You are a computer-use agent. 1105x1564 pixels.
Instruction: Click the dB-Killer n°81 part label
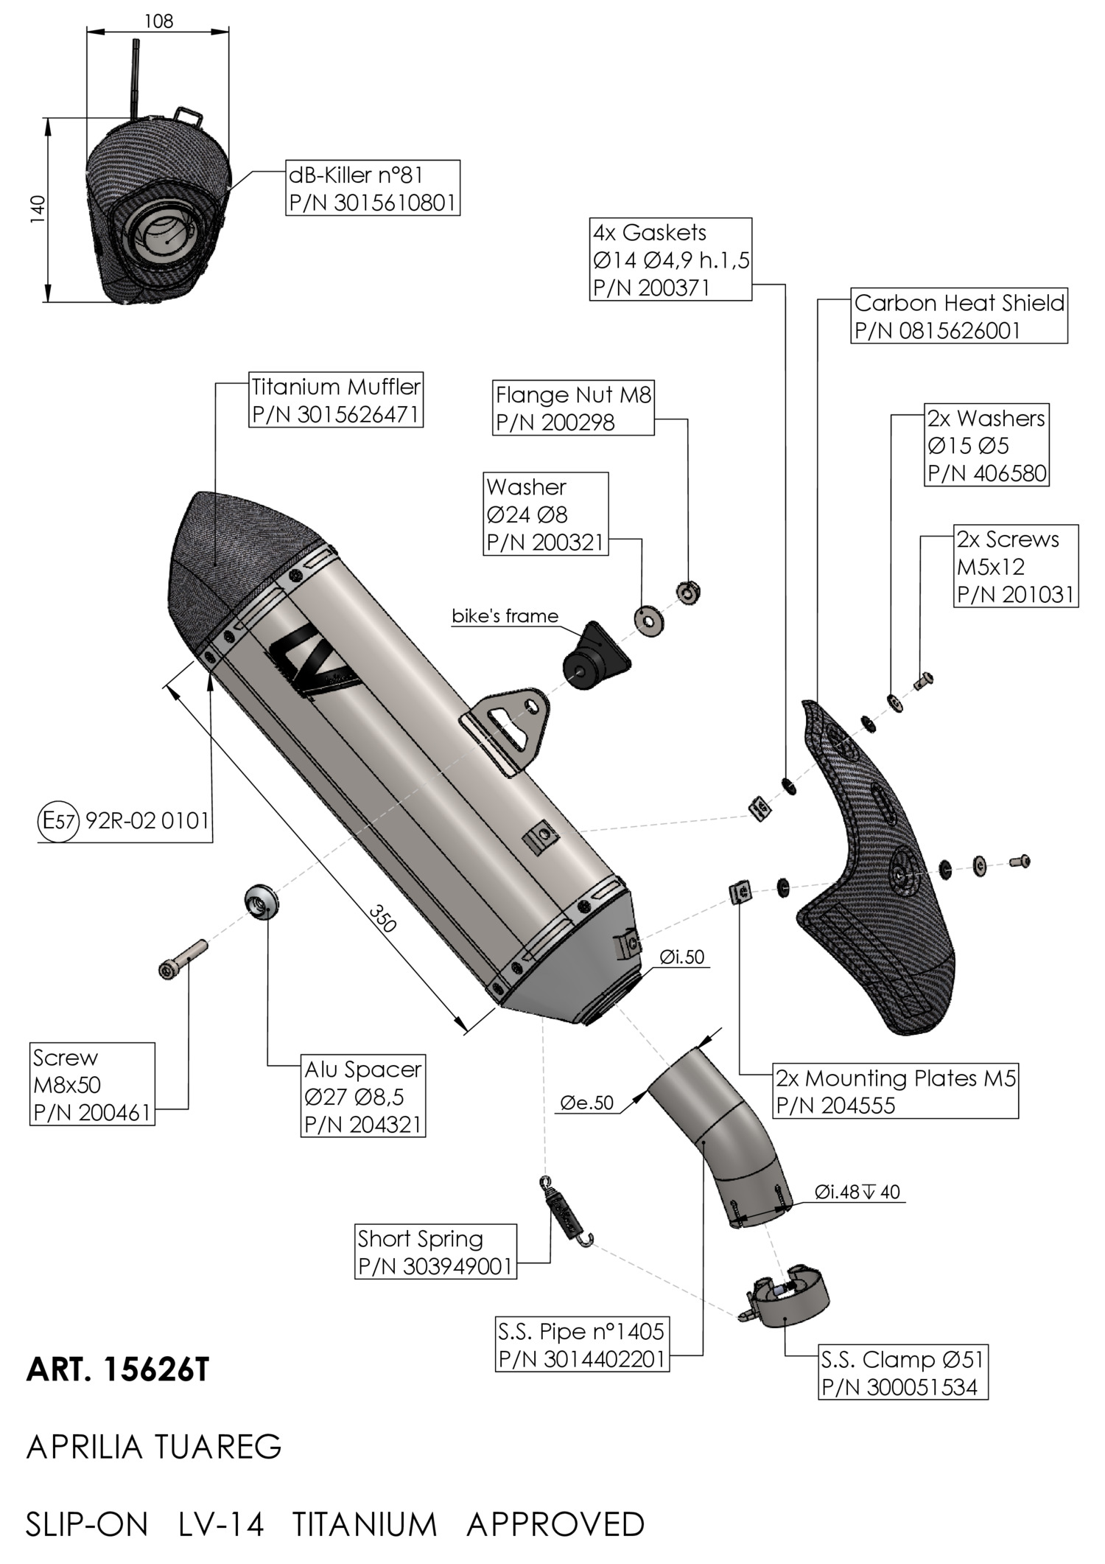pyautogui.click(x=373, y=189)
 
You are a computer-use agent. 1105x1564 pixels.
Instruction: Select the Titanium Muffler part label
pyautogui.click(x=336, y=400)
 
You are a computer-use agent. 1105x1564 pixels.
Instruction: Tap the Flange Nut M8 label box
pyautogui.click(x=573, y=408)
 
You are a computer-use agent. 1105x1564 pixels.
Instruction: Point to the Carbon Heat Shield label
pyautogui.click(x=959, y=315)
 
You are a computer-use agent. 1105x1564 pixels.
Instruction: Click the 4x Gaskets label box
pyautogui.click(x=671, y=259)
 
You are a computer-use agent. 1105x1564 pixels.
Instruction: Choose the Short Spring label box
pyautogui.click(x=435, y=1251)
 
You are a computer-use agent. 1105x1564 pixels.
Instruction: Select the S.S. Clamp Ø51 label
pyautogui.click(x=902, y=1373)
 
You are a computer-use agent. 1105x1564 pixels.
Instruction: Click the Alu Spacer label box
pyautogui.click(x=363, y=1096)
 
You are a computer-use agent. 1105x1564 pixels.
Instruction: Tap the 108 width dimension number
pyautogui.click(x=158, y=21)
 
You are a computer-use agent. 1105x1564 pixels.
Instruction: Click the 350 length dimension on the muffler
pyautogui.click(x=382, y=919)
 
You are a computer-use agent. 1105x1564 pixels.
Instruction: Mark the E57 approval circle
pyautogui.click(x=57, y=820)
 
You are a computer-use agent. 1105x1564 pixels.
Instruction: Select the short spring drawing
pyautogui.click(x=566, y=1213)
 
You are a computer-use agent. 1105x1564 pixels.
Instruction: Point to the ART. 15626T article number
pyautogui.click(x=118, y=1370)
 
